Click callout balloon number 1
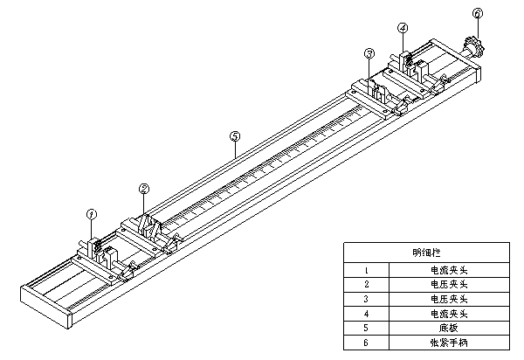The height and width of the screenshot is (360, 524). (x=92, y=212)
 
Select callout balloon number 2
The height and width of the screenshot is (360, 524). (x=144, y=187)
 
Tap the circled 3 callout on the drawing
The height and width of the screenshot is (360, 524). (x=369, y=53)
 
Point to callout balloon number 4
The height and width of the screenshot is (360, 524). (x=403, y=28)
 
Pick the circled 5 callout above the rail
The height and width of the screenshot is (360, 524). (x=234, y=136)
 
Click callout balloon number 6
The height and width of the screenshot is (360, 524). (x=477, y=14)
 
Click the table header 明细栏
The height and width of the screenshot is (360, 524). (x=427, y=253)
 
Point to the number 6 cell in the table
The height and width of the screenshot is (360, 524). (x=367, y=342)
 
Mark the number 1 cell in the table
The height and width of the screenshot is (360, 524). (x=367, y=270)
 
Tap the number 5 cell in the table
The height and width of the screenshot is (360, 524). (x=367, y=327)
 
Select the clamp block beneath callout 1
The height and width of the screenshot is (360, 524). (x=98, y=254)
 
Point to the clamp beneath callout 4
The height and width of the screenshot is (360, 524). (x=408, y=63)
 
